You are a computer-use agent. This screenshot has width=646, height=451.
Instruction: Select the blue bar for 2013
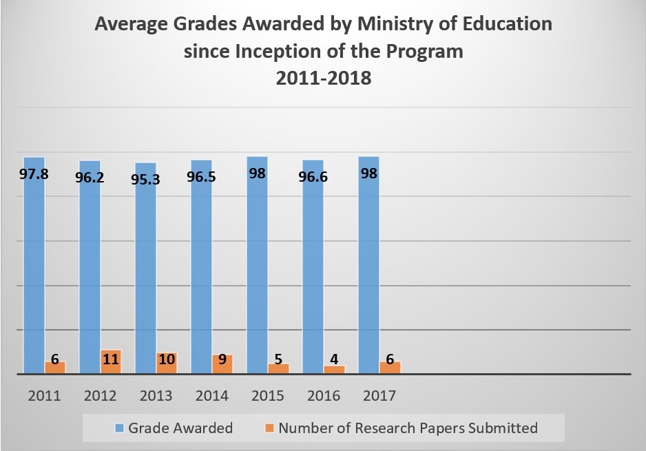coord(145,275)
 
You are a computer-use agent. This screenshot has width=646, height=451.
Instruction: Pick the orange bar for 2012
coord(111,363)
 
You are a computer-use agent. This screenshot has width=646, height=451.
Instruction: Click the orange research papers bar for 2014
coord(222,365)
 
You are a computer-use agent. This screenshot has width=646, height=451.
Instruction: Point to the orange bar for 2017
coord(390,368)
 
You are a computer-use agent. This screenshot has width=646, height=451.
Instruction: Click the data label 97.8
coord(34,174)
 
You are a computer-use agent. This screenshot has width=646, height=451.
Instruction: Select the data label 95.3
coord(145,180)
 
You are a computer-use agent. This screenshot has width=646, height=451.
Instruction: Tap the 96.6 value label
coord(313,177)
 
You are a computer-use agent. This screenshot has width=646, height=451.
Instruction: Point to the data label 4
coord(334,359)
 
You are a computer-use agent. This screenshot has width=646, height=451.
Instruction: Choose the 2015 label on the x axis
coord(267,396)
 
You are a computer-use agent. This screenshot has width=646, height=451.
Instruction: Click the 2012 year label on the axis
coord(100,396)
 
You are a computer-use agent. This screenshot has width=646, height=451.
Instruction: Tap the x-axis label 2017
coord(379,396)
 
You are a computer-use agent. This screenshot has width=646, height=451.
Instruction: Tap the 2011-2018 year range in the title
coord(323,78)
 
